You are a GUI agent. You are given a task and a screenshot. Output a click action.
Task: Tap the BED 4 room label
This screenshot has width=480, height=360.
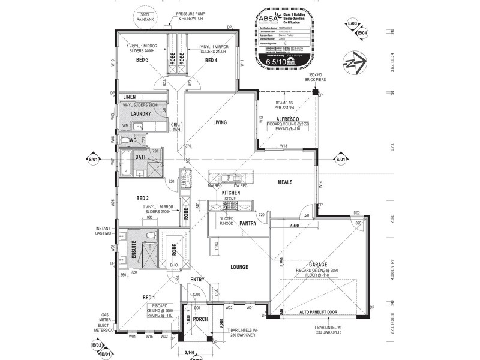[211, 61]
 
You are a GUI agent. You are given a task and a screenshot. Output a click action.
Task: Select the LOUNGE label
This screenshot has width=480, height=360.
[238, 267]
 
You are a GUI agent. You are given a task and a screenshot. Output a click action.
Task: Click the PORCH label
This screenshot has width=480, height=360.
[200, 319]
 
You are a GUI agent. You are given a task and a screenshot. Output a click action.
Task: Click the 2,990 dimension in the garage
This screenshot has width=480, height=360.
[293, 226]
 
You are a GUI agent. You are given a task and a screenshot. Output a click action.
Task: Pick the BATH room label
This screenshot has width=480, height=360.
[141, 157]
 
